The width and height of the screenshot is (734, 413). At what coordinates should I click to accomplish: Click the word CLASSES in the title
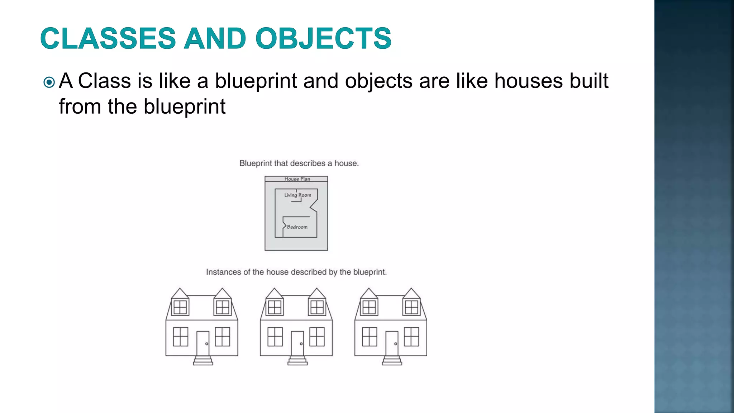tap(108, 38)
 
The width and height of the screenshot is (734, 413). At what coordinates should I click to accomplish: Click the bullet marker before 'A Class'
tap(49, 83)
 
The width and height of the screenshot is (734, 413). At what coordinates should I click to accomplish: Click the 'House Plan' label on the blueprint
tap(297, 179)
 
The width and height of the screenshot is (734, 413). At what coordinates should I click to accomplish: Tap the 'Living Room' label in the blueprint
tap(297, 195)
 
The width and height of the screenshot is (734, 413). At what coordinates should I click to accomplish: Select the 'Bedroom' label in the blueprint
tap(297, 227)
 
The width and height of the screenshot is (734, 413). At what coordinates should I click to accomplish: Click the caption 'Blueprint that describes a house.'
tap(299, 163)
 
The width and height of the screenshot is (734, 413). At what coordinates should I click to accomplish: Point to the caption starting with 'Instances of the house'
tap(296, 272)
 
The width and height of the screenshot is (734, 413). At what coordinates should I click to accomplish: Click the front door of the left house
tap(203, 343)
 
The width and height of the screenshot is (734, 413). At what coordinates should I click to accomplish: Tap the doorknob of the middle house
tap(301, 344)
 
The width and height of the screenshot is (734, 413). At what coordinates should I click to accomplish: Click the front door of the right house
tap(392, 343)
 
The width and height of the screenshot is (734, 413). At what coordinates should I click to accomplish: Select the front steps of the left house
tap(203, 361)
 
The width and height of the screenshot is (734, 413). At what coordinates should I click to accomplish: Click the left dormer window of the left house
tap(180, 307)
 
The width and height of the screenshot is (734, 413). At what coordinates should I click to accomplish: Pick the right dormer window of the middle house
tap(317, 307)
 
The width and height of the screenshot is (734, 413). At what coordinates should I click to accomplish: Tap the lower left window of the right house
tap(370, 337)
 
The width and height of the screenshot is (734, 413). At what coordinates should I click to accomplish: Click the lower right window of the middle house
tap(317, 337)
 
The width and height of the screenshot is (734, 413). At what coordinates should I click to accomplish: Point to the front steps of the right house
tap(392, 361)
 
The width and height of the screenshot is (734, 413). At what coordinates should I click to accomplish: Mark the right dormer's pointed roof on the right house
tap(411, 294)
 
